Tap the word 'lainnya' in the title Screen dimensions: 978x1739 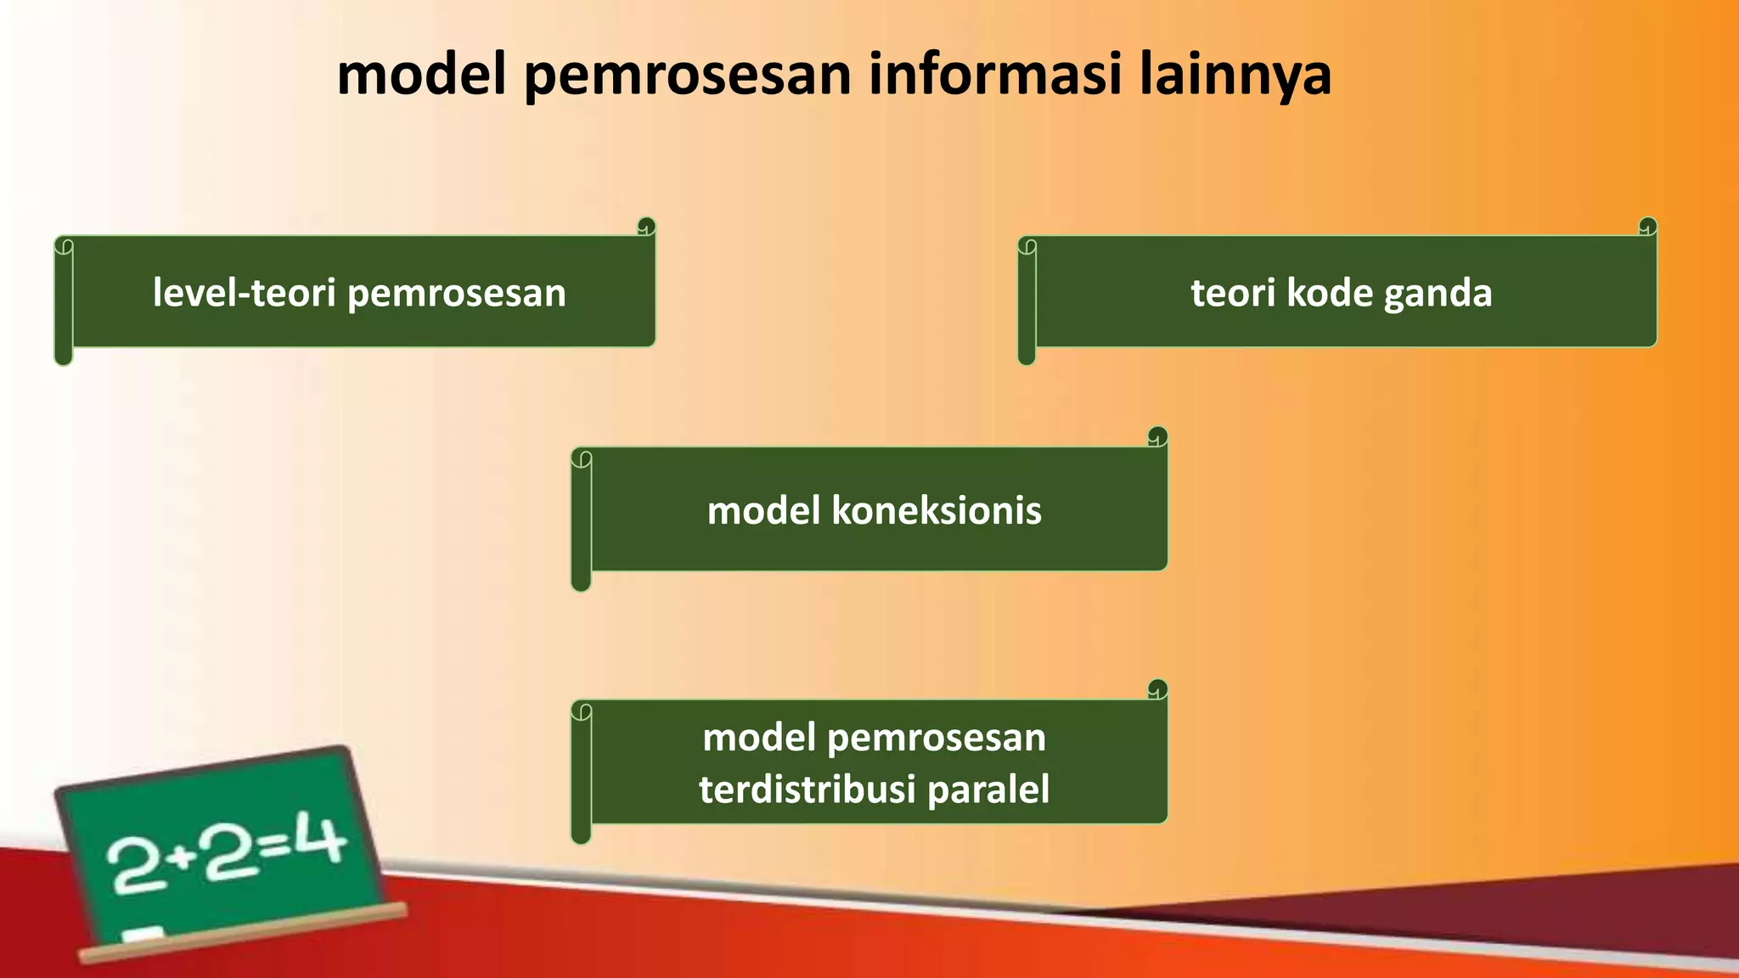coord(1235,74)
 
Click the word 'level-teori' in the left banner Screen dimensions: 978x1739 coord(244,293)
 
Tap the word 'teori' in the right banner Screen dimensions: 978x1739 coord(1232,293)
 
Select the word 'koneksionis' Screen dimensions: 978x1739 coord(936,511)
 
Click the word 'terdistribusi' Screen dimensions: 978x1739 coord(808,790)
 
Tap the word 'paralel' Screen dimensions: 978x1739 coord(988,790)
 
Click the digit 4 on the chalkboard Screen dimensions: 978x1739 coord(324,840)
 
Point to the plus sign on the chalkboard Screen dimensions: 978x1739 coord(178,857)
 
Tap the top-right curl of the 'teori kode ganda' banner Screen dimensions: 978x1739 coord(1647,227)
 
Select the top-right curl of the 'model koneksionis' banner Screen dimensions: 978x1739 coord(1157,436)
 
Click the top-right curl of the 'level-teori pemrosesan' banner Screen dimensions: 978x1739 coord(646,227)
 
